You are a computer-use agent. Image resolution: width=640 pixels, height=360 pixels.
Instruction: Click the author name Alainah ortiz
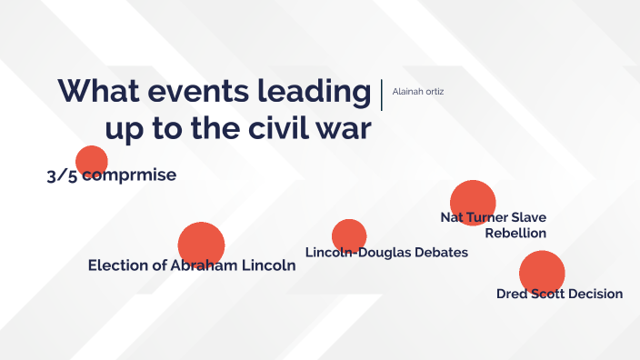coord(417,91)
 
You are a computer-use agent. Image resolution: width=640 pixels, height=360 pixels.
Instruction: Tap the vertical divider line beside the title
coord(382,95)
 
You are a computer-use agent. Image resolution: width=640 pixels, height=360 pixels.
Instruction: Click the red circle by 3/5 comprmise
coord(91,160)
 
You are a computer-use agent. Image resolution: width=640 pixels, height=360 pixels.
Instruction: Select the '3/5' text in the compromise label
coord(62,175)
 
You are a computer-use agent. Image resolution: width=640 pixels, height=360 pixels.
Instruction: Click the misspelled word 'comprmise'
coord(128,175)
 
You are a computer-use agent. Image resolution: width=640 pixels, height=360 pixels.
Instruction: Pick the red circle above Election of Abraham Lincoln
coord(201,243)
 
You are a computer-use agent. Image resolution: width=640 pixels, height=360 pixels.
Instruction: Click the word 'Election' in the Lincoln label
coord(119,265)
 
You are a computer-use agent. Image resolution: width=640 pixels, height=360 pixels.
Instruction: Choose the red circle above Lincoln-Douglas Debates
coord(349,235)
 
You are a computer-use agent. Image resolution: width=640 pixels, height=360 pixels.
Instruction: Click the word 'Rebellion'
coord(515,233)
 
